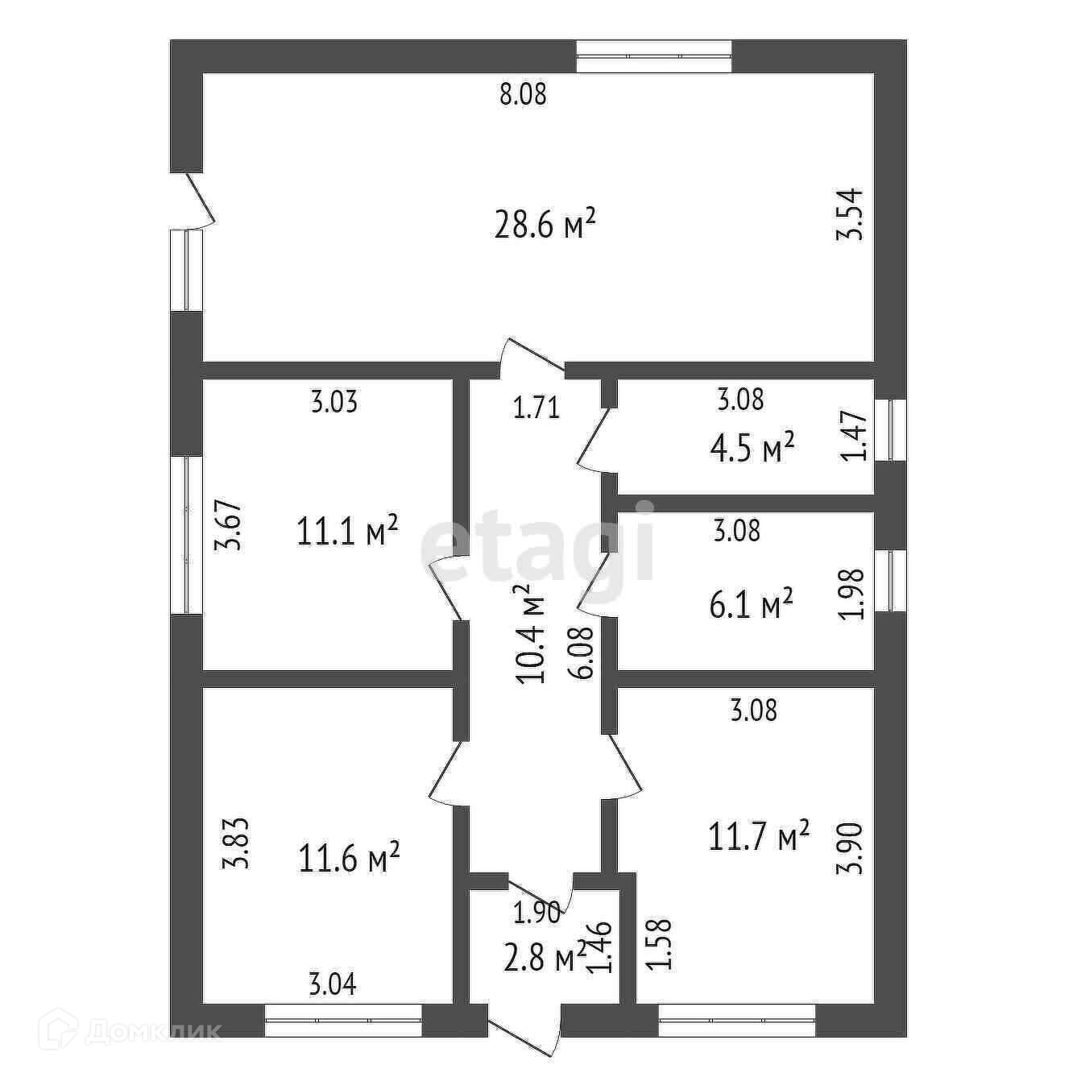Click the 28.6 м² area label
[545, 226]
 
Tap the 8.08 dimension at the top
[523, 95]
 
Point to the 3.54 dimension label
[851, 213]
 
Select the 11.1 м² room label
[348, 531]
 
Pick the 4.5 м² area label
[752, 449]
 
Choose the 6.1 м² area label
[751, 604]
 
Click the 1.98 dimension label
[852, 594]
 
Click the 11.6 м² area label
[350, 858]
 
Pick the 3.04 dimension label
[333, 984]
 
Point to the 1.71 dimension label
[536, 408]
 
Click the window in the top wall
[655, 56]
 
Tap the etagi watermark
[537, 541]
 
